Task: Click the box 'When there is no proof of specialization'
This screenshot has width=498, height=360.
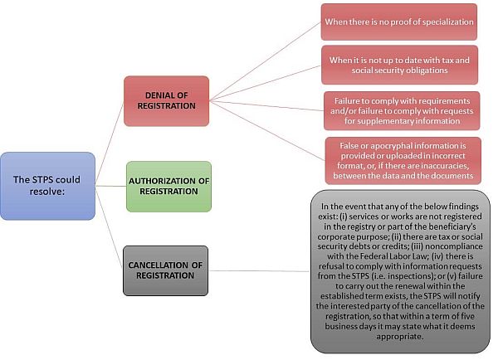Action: coord(398,22)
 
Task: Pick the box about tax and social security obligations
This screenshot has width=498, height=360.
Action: coord(398,65)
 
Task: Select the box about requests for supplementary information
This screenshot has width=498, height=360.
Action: coord(398,114)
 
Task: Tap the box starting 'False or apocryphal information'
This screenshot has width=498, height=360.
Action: coord(398,161)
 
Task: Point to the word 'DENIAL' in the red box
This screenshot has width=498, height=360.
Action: coord(149,95)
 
